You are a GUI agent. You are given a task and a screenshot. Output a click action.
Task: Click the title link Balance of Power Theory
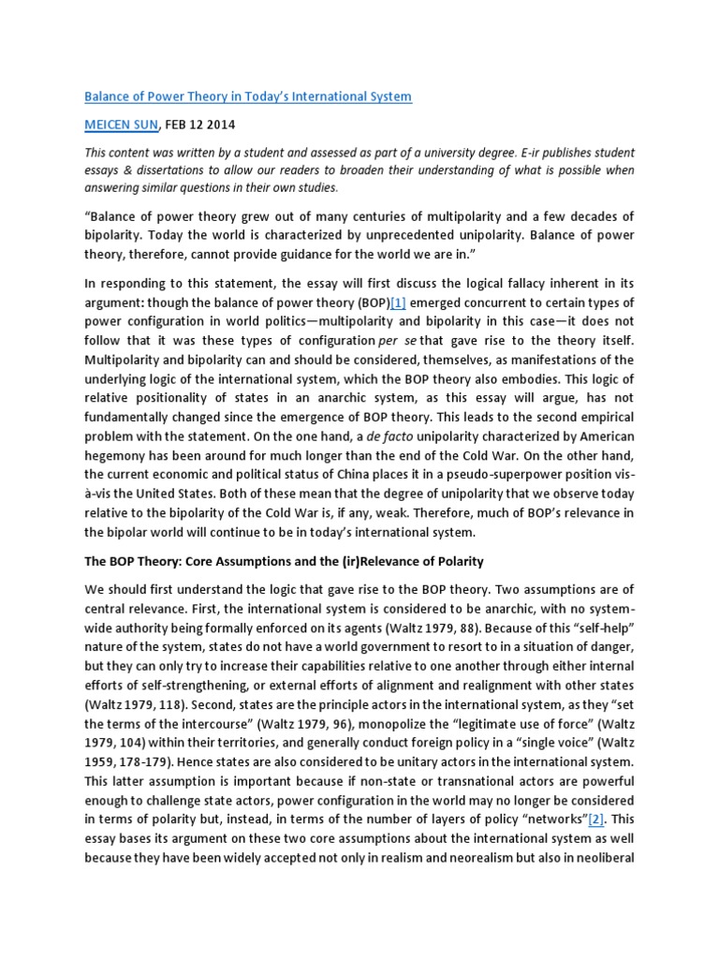(248, 96)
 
